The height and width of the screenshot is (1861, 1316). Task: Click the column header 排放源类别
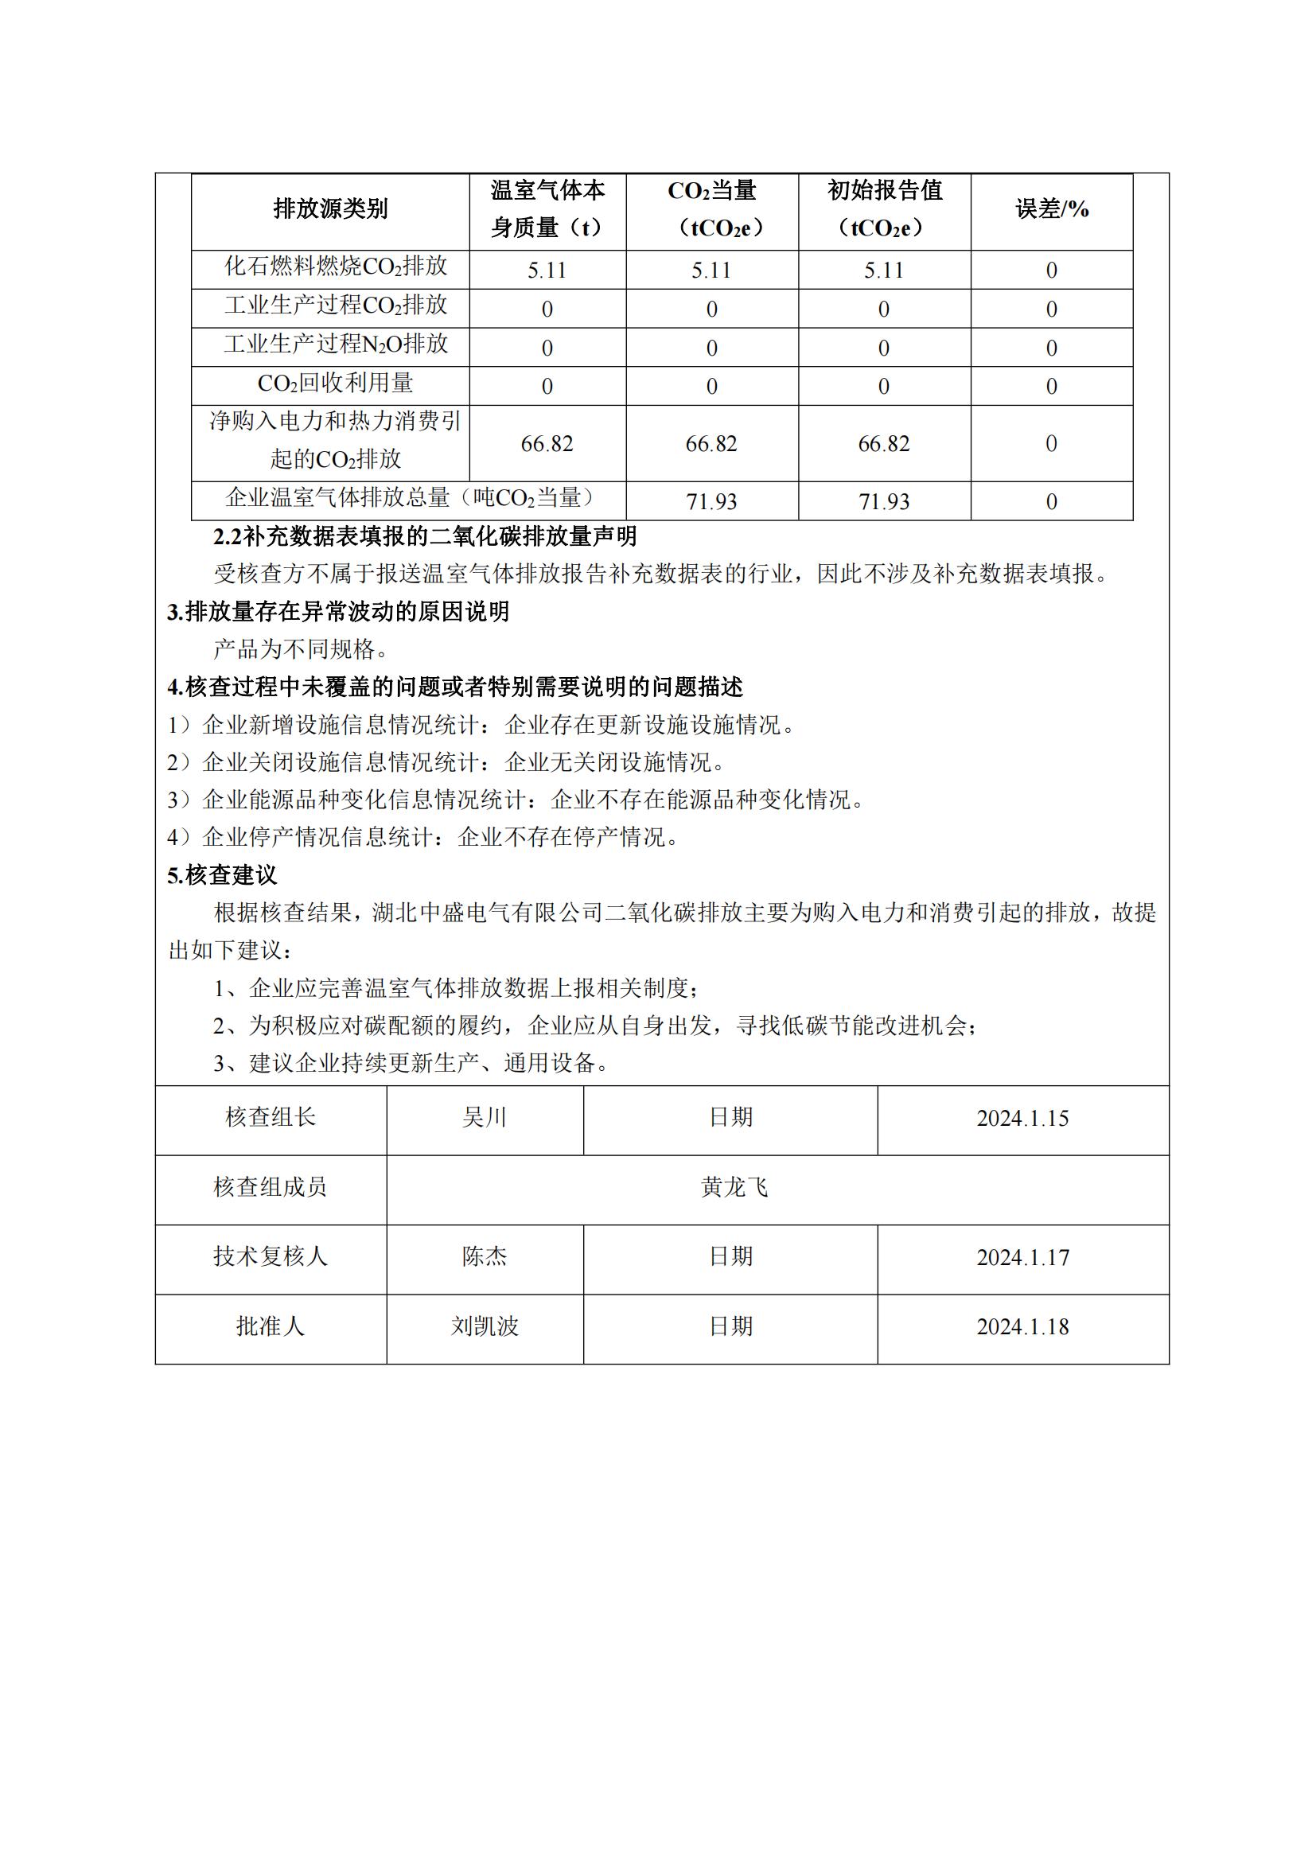(x=330, y=209)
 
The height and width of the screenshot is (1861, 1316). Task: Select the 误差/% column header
(x=1051, y=209)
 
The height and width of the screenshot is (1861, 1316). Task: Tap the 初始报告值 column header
(x=884, y=209)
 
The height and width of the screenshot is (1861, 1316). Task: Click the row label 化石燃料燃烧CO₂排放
(x=336, y=267)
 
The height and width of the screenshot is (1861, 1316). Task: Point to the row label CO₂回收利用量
(x=336, y=383)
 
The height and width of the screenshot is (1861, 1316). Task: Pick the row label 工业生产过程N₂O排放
(x=336, y=345)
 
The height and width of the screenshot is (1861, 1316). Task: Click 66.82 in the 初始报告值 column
(x=883, y=443)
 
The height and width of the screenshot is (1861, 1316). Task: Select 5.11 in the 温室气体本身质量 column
(x=547, y=270)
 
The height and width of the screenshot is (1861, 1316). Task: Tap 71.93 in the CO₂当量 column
(x=711, y=502)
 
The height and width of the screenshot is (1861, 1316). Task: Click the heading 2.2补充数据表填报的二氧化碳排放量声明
(x=425, y=536)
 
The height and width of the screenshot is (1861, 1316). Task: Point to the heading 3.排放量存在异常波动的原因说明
(x=338, y=612)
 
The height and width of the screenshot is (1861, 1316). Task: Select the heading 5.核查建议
(x=222, y=875)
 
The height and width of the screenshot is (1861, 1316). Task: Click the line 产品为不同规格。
(x=302, y=649)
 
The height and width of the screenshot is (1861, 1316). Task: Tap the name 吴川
(x=484, y=1118)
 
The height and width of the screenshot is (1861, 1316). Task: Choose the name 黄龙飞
(x=734, y=1187)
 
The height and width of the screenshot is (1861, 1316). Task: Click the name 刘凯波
(x=484, y=1327)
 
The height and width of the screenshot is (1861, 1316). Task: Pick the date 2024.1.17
(x=1022, y=1257)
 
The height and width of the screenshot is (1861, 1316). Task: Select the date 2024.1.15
(x=1022, y=1118)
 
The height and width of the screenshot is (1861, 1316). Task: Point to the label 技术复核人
(x=270, y=1257)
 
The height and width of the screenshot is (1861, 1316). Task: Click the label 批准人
(x=270, y=1327)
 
